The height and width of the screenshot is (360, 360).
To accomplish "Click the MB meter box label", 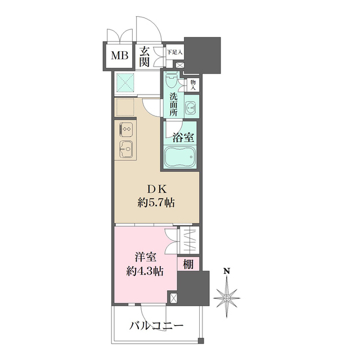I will [x=118, y=55].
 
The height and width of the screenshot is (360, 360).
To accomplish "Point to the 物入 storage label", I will [x=193, y=84].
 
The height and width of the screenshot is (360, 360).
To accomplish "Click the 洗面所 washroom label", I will [x=174, y=104].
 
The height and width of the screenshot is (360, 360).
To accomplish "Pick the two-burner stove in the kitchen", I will [x=125, y=129].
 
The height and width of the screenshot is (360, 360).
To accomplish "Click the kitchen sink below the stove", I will [x=125, y=149].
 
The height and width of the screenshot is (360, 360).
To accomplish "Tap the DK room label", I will [x=157, y=190].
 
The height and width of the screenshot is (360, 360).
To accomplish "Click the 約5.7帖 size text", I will [x=157, y=202].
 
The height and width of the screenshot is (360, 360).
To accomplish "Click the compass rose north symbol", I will [x=227, y=295].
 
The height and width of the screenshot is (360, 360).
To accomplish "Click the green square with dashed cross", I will [x=127, y=83].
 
